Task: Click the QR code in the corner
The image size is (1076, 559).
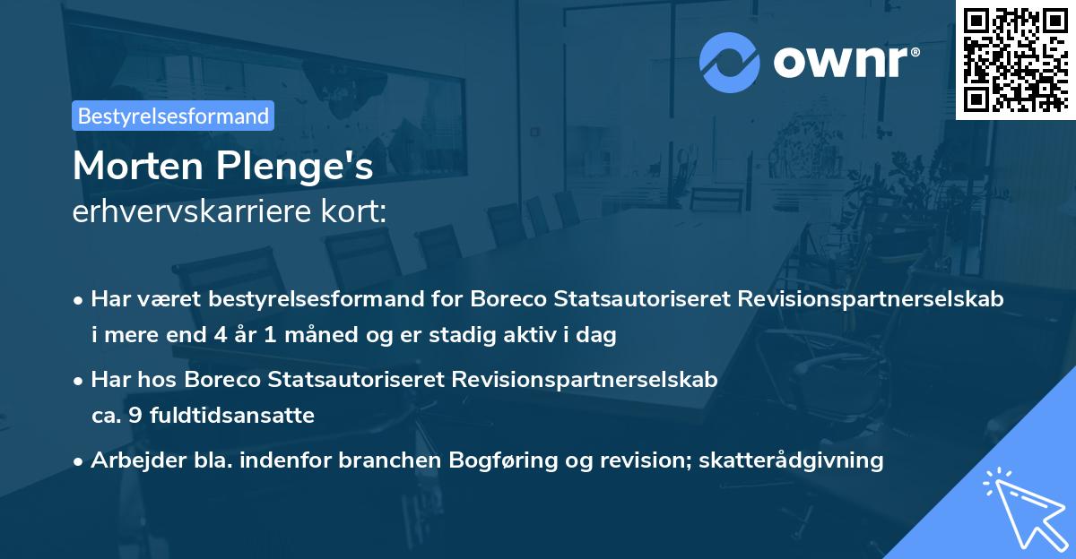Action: [1015, 59]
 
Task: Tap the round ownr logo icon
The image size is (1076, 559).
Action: [730, 62]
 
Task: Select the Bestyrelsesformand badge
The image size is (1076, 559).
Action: [173, 116]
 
